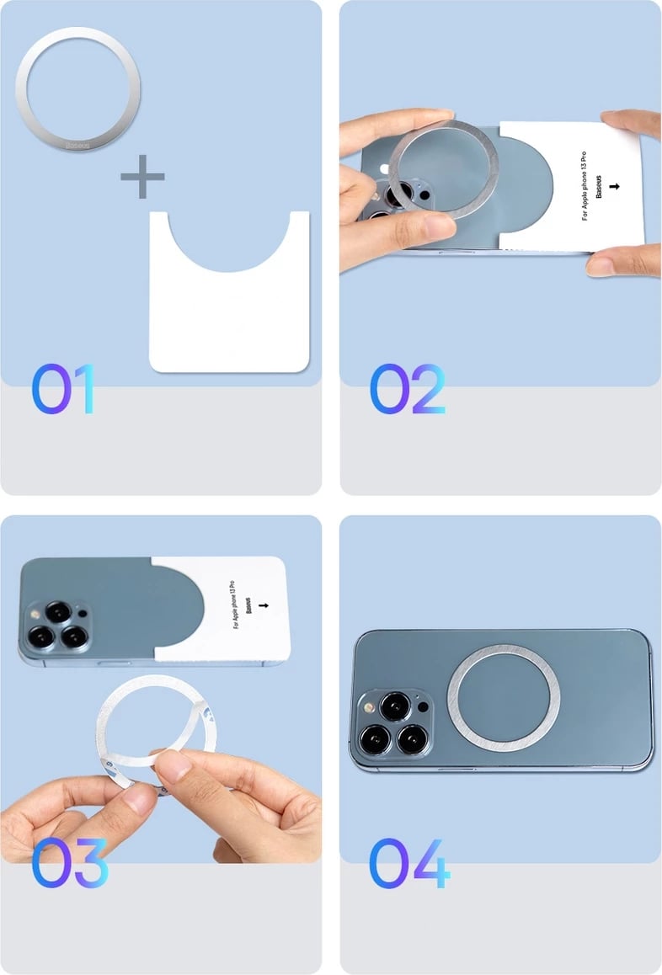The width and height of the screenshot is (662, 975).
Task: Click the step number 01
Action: (64, 389)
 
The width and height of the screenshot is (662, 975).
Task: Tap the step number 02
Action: (408, 389)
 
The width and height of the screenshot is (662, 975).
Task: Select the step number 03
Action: (71, 862)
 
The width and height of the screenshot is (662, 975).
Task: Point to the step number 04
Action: (409, 862)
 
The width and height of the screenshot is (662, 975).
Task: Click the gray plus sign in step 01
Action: (142, 177)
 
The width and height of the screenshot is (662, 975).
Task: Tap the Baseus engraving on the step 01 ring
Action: (78, 147)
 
